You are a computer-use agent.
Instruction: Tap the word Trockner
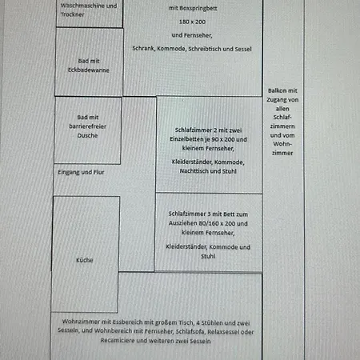(x=72, y=14)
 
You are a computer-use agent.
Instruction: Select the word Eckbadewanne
(x=89, y=70)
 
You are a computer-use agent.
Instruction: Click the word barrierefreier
(x=87, y=126)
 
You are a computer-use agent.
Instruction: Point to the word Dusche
(x=87, y=135)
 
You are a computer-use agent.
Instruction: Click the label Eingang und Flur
(x=81, y=172)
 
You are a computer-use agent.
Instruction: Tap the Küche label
(x=85, y=260)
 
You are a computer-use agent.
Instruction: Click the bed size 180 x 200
(x=192, y=22)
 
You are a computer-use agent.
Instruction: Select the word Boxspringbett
(x=198, y=8)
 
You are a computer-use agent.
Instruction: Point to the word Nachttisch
(x=195, y=171)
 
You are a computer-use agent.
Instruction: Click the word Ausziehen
(x=182, y=223)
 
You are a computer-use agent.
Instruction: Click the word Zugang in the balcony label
(x=276, y=100)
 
